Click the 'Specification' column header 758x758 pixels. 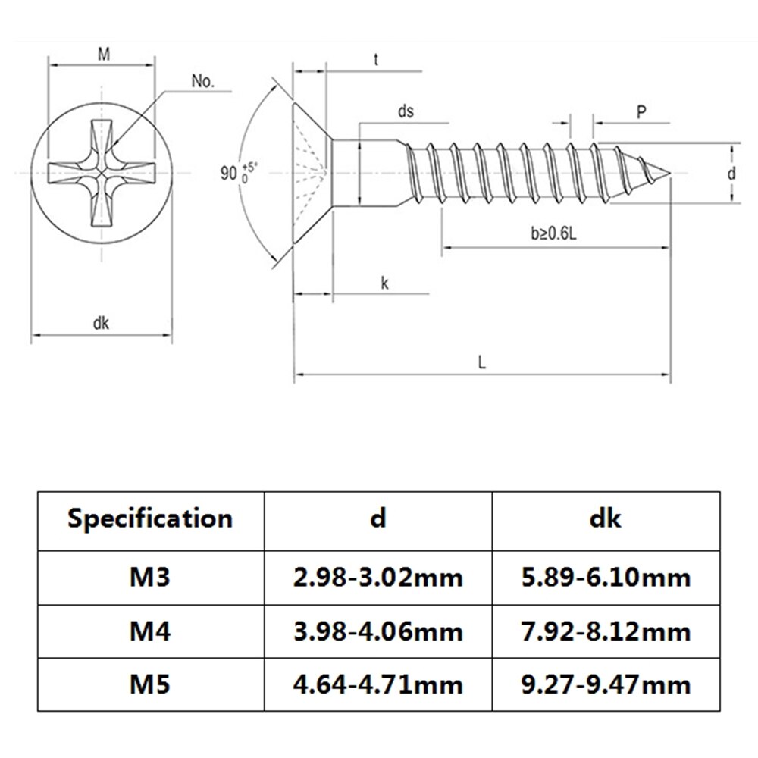[150, 518]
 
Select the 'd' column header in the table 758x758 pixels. [377, 518]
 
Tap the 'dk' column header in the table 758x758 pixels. [605, 518]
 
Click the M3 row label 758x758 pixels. [150, 578]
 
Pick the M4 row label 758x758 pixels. [150, 631]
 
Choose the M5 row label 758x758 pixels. [150, 685]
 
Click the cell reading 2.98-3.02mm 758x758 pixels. [377, 578]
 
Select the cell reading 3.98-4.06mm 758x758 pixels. [377, 631]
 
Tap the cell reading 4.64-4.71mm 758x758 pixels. [377, 685]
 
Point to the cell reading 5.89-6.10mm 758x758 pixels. [605, 578]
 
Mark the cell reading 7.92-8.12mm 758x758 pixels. [605, 631]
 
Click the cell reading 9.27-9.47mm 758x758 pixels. [605, 685]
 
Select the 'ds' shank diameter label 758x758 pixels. [406, 111]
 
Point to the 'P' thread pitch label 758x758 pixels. [641, 111]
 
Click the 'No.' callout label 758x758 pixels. [202, 82]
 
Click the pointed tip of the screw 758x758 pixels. [670, 173]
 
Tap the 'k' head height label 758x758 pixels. [385, 283]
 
